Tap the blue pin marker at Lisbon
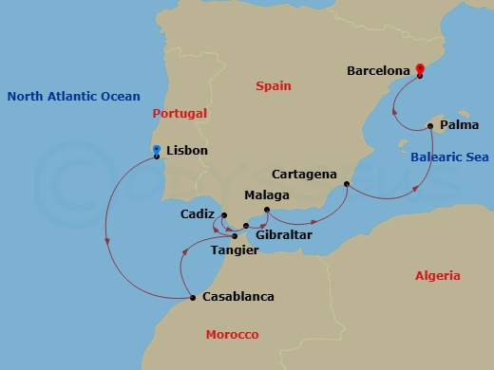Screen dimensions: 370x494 156,150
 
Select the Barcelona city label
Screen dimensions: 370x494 378,70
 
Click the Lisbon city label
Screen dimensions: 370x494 186,151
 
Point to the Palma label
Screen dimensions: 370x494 461,123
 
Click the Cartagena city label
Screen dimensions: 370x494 303,175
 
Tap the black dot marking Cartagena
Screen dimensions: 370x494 347,184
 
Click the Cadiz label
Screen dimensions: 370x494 199,214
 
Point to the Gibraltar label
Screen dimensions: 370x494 283,234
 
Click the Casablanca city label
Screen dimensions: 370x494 237,297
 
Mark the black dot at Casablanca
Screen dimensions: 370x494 193,298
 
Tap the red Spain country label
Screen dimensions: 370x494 273,86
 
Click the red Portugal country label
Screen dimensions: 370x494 180,113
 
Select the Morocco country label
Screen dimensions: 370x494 233,335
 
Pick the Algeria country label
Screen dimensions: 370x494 438,276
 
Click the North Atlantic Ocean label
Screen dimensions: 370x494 73,96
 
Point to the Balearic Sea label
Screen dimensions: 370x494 450,157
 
